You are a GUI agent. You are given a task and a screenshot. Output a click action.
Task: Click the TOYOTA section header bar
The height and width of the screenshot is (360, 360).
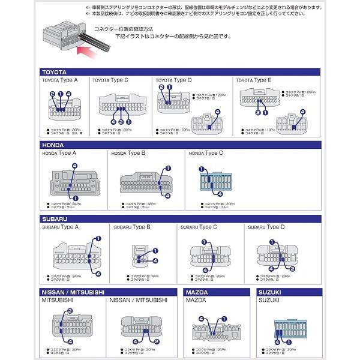coord(180,72)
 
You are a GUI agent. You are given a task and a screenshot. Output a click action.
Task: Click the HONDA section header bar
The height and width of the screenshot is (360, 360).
coord(180,145)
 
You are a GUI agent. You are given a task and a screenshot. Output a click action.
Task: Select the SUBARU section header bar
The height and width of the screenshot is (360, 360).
coord(180,219)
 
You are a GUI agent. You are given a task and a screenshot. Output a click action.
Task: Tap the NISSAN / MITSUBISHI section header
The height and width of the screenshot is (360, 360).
coord(108,292)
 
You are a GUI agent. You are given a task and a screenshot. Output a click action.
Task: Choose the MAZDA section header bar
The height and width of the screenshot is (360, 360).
coord(217,292)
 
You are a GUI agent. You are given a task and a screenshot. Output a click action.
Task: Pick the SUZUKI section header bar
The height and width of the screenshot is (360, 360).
coord(287,292)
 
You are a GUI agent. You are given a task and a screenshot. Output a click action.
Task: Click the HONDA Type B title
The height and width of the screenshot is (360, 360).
coord(128,154)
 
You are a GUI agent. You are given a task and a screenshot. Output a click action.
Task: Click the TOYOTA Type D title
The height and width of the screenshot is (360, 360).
coord(174,80)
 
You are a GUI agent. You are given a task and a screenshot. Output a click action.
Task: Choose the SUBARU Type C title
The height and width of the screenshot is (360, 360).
coord(199,227)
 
